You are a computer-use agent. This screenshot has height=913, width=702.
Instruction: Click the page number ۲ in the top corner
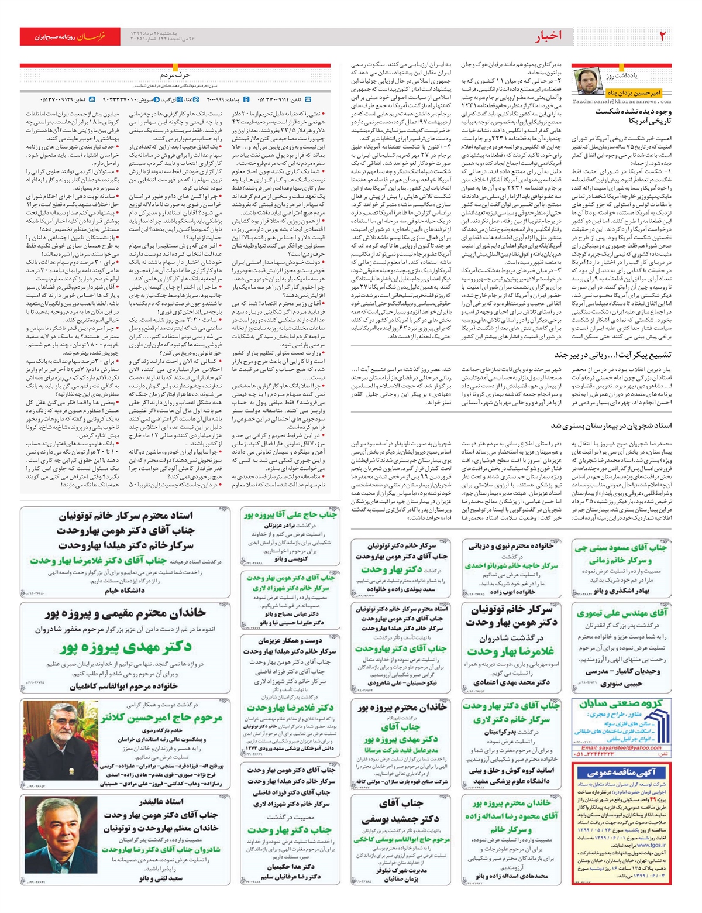click(663, 36)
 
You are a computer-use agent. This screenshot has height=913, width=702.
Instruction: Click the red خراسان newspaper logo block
click(70, 36)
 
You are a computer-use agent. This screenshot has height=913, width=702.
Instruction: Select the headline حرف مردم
click(175, 75)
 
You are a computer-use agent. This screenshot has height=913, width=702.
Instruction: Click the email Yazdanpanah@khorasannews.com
click(621, 101)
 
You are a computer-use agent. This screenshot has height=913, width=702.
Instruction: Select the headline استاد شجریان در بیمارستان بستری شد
click(611, 425)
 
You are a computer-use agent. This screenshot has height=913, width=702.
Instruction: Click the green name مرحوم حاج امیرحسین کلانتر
click(161, 718)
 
